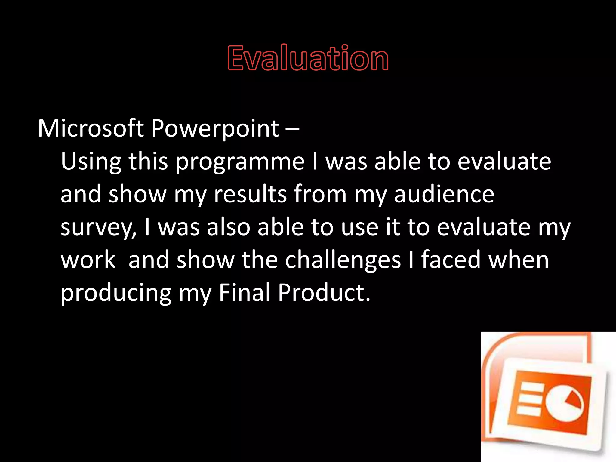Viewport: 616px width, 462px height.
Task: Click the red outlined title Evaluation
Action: click(x=308, y=58)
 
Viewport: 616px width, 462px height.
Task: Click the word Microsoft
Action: click(x=91, y=129)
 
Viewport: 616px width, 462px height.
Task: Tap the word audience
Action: click(x=444, y=194)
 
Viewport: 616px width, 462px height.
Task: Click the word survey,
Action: click(x=99, y=228)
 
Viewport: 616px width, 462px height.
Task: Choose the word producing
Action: click(x=116, y=294)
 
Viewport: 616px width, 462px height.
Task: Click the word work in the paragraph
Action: click(x=88, y=260)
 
